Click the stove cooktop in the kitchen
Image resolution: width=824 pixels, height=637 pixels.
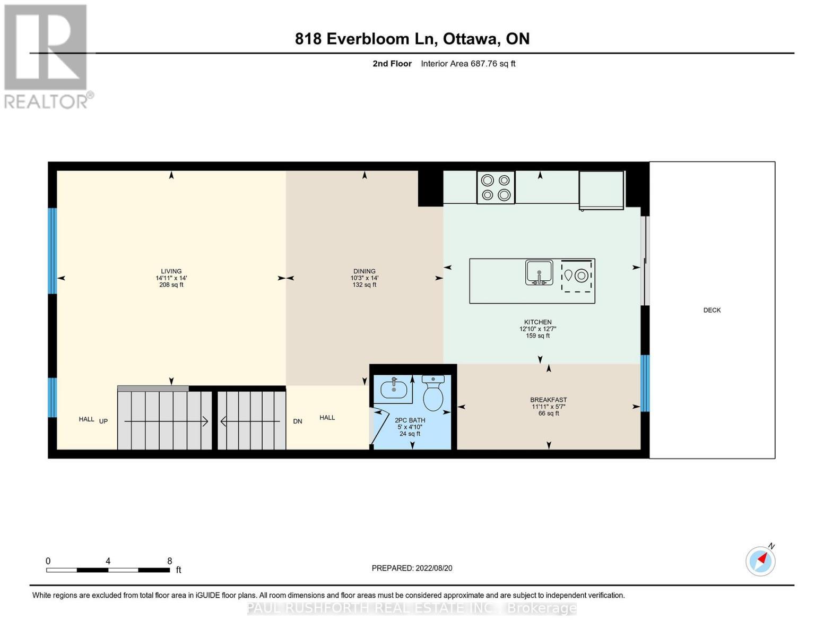[x=496, y=187]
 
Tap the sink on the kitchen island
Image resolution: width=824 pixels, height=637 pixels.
[x=539, y=272]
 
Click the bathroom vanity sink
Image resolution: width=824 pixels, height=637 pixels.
[x=394, y=389]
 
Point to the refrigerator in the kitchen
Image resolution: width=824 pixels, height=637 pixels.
[x=601, y=190]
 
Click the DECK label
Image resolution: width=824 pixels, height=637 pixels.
[x=712, y=310]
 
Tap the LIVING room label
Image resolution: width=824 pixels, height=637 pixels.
[x=171, y=271]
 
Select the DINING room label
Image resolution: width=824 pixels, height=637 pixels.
[x=364, y=271]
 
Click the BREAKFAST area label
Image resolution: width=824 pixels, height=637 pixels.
[x=549, y=400]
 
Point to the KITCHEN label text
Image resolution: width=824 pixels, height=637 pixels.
[x=538, y=322]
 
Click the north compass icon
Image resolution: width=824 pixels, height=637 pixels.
[x=761, y=560]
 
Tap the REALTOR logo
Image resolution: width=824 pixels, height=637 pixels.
[x=47, y=56]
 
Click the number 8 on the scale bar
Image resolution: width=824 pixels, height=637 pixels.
[x=170, y=561]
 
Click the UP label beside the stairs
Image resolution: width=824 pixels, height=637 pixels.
[x=103, y=421]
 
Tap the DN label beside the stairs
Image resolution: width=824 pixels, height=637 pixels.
[x=298, y=421]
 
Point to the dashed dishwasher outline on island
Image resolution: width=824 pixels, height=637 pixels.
[x=577, y=276]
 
